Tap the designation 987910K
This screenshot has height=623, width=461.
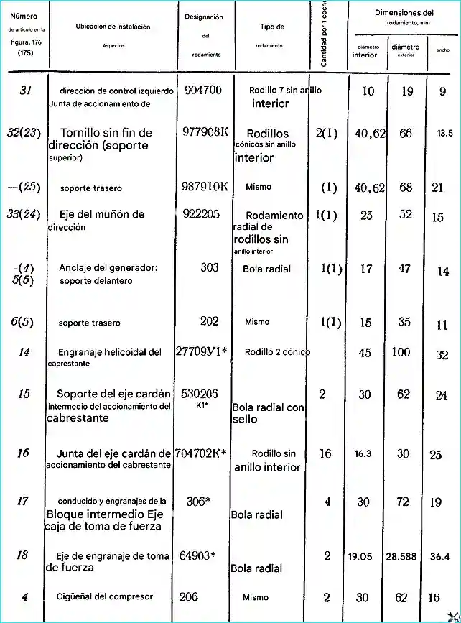point(205,187)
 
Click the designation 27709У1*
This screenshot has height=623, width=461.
point(201,352)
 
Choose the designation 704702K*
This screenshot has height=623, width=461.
point(201,453)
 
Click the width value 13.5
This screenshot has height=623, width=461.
point(444,134)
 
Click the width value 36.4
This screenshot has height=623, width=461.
point(439,556)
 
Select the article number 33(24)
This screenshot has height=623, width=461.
point(23,214)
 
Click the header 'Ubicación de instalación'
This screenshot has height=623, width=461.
point(113,27)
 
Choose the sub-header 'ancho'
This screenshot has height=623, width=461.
point(442,50)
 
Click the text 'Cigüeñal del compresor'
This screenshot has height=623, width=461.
point(105,596)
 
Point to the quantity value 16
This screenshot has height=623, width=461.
point(325,454)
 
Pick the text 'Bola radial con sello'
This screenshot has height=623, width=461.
point(268,412)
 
